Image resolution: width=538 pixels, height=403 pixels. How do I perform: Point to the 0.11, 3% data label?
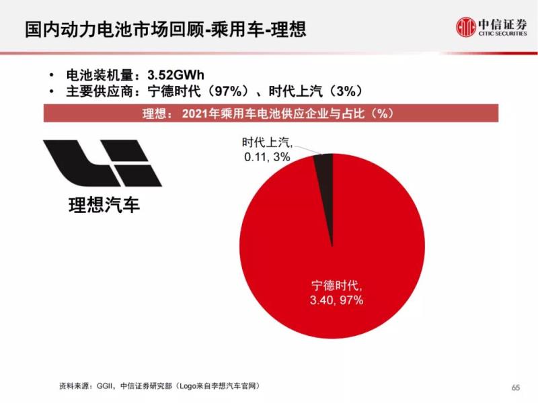(x=267, y=156)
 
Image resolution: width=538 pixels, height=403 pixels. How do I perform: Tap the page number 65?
(x=516, y=388)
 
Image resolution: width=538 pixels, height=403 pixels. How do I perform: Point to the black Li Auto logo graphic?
(x=102, y=163)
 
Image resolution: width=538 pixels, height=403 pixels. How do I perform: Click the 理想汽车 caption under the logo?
(x=104, y=205)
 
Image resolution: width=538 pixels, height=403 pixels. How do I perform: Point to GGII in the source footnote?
(x=106, y=388)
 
